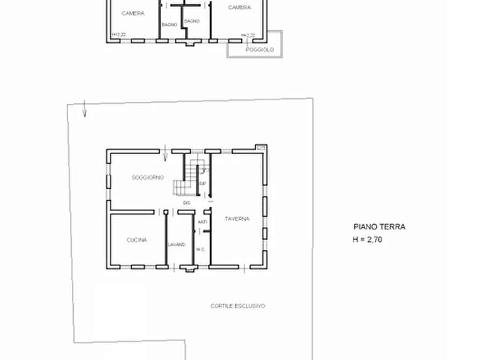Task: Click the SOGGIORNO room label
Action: click(147, 177)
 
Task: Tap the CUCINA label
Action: click(137, 240)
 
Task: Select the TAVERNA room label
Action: click(237, 219)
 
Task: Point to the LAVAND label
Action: click(176, 244)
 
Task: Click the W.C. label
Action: click(201, 249)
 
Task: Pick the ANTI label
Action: click(202, 222)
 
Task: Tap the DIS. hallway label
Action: click(187, 203)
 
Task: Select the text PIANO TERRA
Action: click(379, 227)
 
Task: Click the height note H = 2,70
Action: click(367, 240)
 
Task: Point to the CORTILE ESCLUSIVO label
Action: click(238, 306)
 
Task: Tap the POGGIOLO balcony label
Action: click(260, 49)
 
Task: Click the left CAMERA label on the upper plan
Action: click(132, 13)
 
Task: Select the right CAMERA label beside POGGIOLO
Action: click(239, 8)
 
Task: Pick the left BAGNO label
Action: click(169, 25)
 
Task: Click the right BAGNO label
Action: click(191, 21)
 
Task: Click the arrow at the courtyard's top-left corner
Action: click(84, 109)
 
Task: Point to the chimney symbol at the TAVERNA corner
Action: click(261, 147)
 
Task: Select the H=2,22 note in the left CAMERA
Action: click(119, 35)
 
